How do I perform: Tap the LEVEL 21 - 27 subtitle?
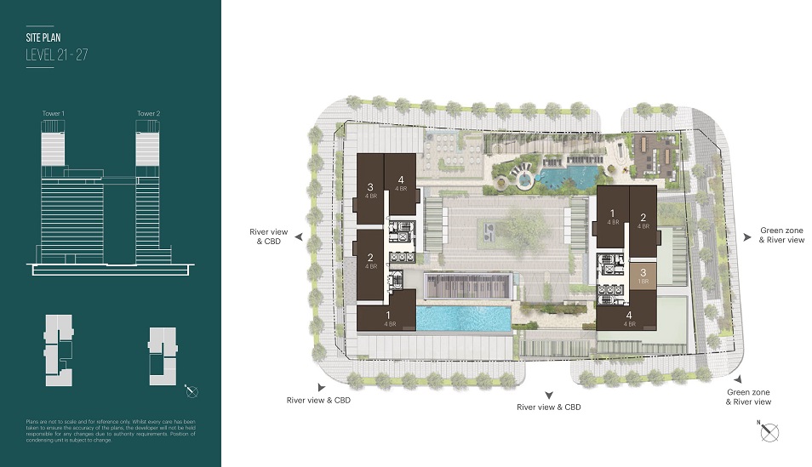pyautogui.click(x=57, y=55)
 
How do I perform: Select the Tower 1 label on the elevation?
pyautogui.click(x=54, y=113)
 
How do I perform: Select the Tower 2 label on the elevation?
pyautogui.click(x=148, y=113)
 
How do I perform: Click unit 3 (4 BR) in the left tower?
pyautogui.click(x=370, y=191)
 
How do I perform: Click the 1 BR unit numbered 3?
pyautogui.click(x=643, y=276)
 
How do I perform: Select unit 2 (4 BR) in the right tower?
pyautogui.click(x=643, y=221)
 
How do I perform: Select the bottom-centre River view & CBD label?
pyautogui.click(x=549, y=407)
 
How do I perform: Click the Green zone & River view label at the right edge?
pyautogui.click(x=781, y=236)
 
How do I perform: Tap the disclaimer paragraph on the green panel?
pyautogui.click(x=111, y=433)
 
